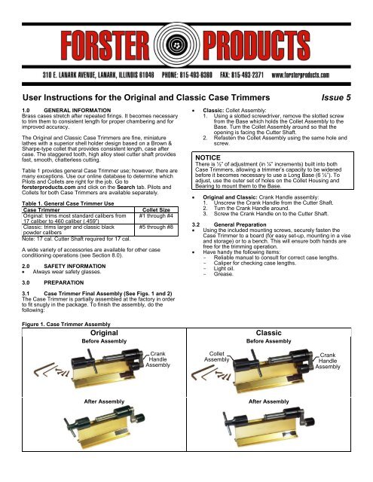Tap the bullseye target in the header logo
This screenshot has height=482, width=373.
[186, 30]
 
